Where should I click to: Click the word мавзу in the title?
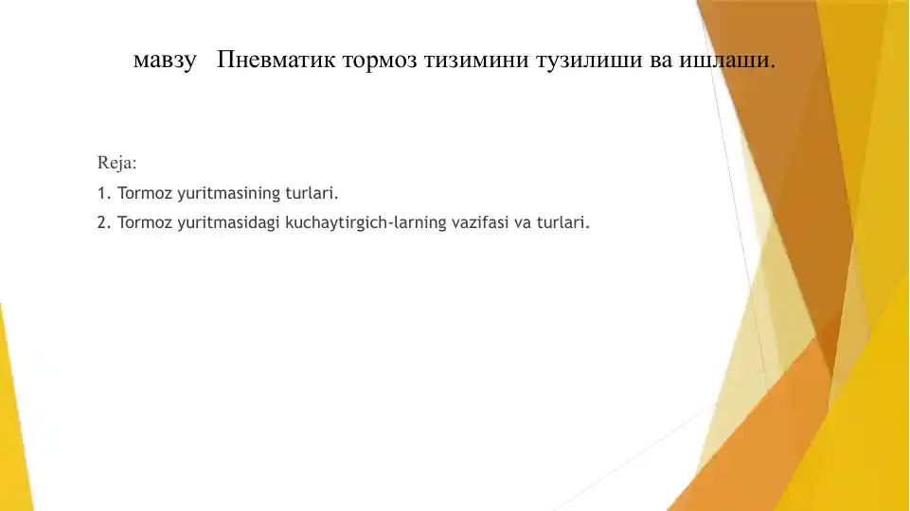[x=165, y=62]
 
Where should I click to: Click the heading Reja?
[x=116, y=163]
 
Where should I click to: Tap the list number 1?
[x=102, y=194]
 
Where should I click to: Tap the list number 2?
[x=102, y=224]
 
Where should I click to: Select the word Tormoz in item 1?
[x=145, y=194]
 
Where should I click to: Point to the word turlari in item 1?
[x=310, y=194]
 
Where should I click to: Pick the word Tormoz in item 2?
[x=145, y=224]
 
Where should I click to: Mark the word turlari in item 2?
[x=562, y=224]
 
